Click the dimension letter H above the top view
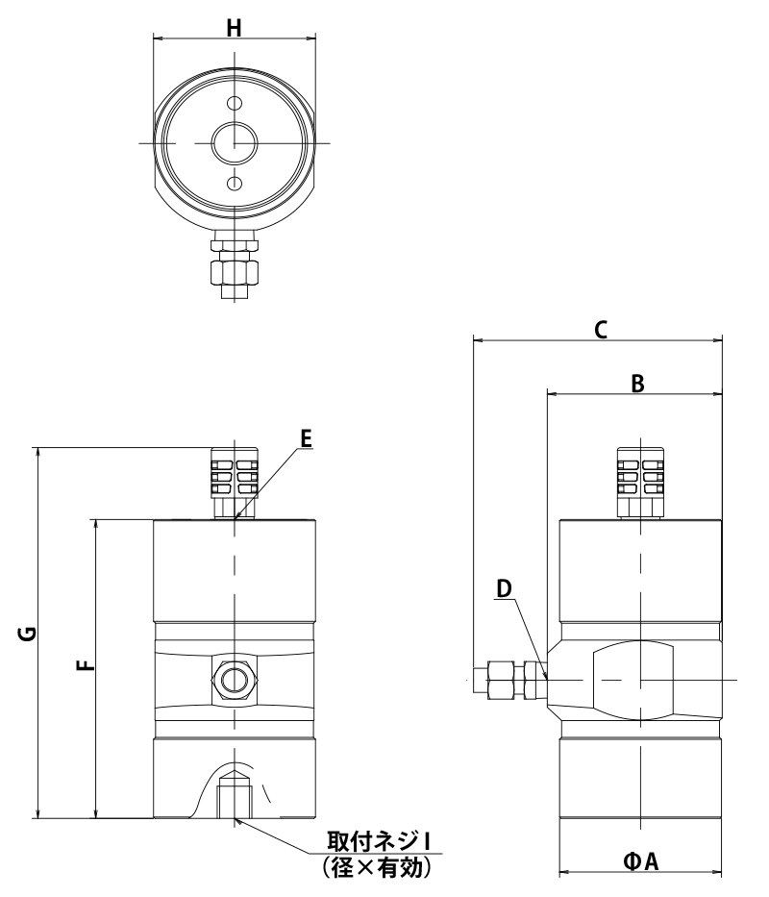[x=234, y=28]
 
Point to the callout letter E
[x=306, y=438]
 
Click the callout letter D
[x=504, y=588]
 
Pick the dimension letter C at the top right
[x=600, y=330]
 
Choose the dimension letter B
[x=637, y=384]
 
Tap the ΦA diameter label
[x=641, y=860]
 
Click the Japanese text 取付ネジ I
[x=378, y=842]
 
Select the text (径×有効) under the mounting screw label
[x=376, y=867]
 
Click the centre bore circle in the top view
[x=235, y=142]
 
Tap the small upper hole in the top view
[x=234, y=103]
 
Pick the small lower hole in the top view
[x=234, y=183]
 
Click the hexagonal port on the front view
[x=235, y=681]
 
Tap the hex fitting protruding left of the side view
[x=510, y=680]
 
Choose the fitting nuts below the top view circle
[x=235, y=264]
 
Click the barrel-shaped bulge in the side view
[x=633, y=680]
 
